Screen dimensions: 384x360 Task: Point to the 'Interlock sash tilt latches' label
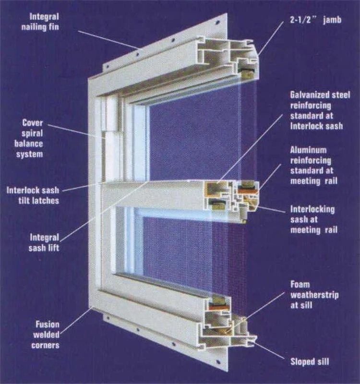33,195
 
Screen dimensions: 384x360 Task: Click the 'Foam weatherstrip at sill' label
314,295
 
